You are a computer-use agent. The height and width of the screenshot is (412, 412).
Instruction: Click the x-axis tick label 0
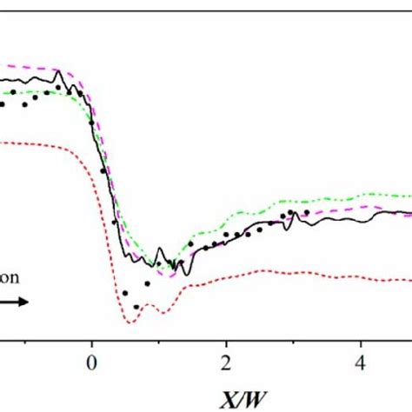(91, 361)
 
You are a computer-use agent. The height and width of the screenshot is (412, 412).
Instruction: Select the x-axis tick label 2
(226, 361)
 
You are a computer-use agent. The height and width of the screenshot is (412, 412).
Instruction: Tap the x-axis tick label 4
(361, 361)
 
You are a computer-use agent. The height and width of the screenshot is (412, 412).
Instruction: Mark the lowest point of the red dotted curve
(132, 322)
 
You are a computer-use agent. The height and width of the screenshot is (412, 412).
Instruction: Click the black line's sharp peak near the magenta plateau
(59, 73)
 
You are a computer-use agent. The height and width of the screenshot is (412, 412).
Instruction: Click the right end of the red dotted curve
(410, 279)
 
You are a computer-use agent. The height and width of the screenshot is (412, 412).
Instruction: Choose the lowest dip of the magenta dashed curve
(171, 276)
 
